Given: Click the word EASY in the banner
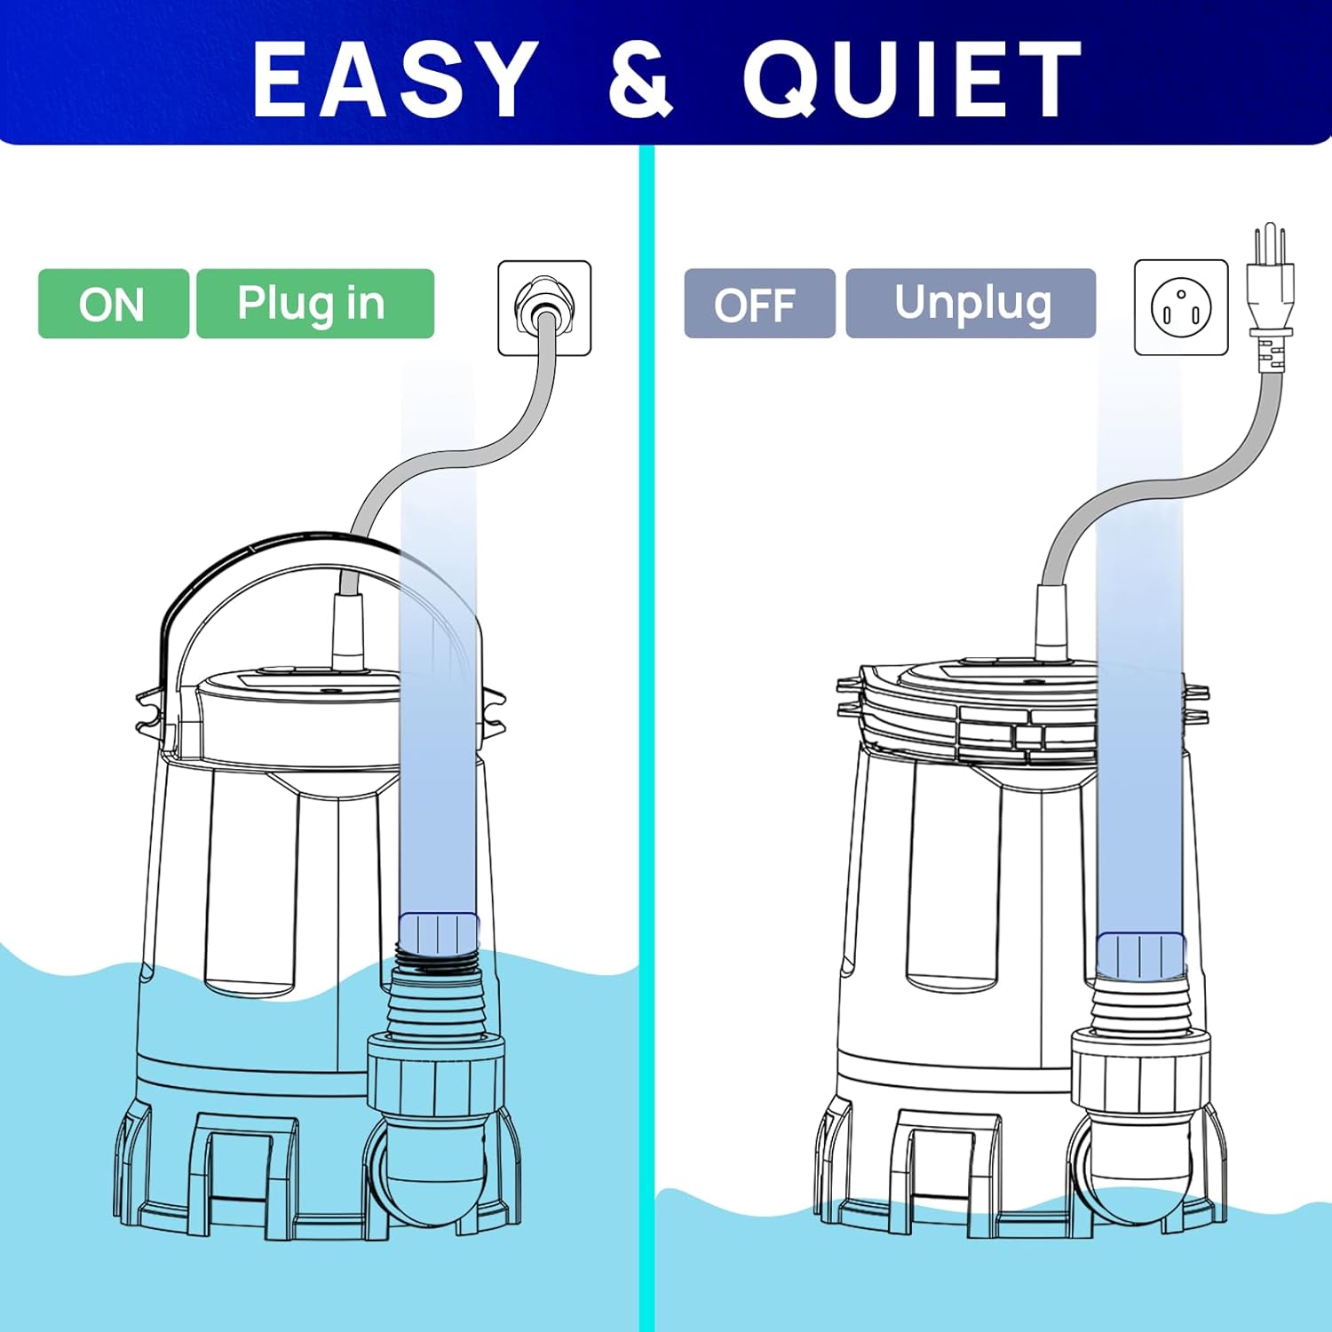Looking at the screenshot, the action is (396, 80).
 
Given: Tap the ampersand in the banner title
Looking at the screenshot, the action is (641, 80).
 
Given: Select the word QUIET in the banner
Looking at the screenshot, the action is (913, 80).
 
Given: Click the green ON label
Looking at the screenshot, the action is (113, 304).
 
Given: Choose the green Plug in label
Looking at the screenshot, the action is (314, 304).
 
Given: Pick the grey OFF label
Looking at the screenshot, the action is (759, 304).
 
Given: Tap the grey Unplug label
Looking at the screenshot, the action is (971, 304).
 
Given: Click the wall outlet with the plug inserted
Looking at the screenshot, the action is (544, 307).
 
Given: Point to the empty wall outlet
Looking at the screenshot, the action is (1181, 307).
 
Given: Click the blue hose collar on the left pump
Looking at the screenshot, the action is (439, 933).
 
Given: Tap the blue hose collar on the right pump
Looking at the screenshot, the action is (1141, 955).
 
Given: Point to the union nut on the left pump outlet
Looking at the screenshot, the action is (436, 1074).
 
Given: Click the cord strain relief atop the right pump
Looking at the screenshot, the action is (1052, 622).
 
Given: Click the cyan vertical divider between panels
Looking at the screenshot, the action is (646, 737).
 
